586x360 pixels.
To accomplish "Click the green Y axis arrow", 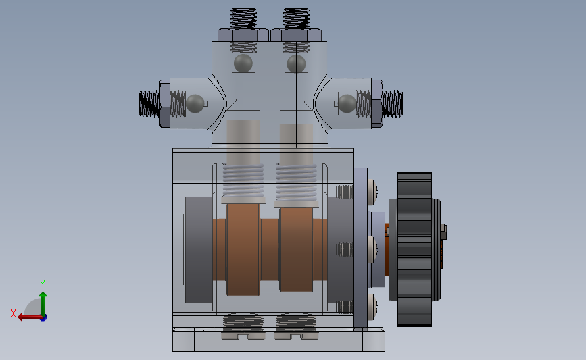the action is [x=43, y=305].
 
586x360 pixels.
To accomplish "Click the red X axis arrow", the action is [x=30, y=317].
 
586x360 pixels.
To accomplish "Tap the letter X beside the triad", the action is [x=14, y=313].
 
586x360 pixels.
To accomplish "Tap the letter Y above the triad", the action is [x=42, y=284].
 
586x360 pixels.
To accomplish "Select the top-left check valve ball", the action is [x=243, y=63].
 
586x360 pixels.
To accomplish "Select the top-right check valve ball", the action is [x=296, y=63].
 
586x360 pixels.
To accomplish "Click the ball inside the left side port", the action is [x=195, y=103].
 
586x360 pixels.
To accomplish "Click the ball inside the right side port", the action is [x=347, y=103].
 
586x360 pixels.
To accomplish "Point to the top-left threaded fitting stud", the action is [x=243, y=19].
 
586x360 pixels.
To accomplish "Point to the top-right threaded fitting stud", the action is [x=296, y=19].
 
